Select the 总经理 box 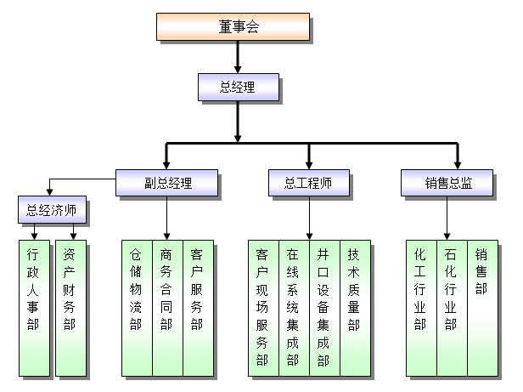pyautogui.click(x=237, y=87)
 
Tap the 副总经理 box pyautogui.click(x=167, y=183)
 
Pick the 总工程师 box pyautogui.click(x=309, y=183)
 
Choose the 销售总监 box pyautogui.click(x=447, y=183)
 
